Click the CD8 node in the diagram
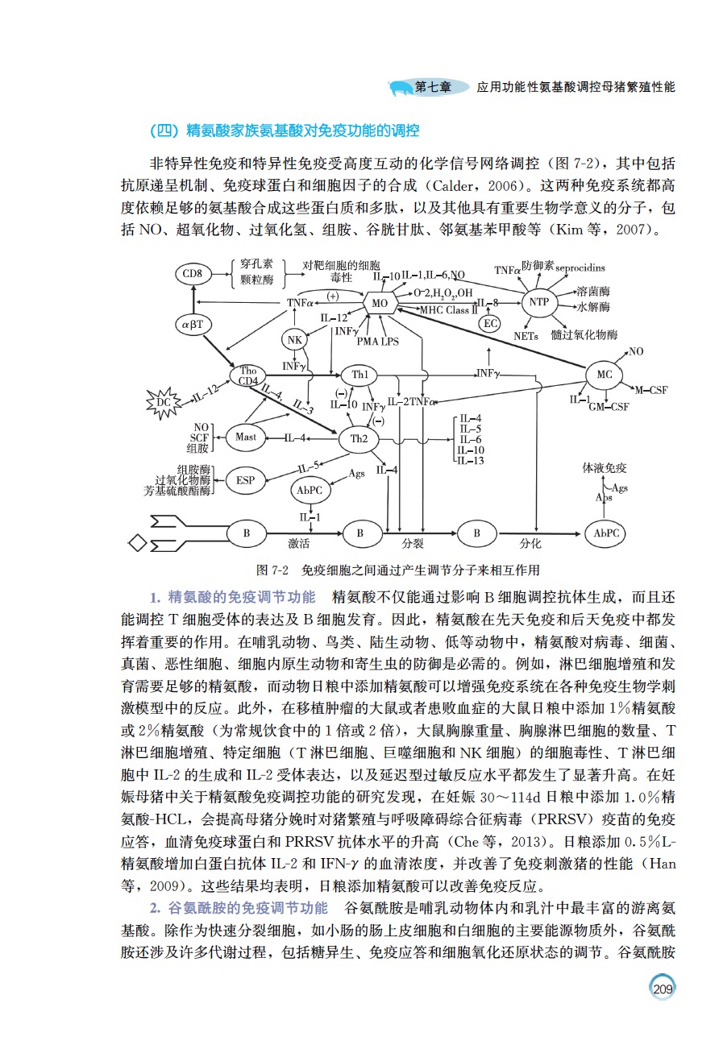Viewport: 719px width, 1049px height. (x=192, y=274)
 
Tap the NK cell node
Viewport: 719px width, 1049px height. (x=295, y=339)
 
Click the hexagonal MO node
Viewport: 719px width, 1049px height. (x=379, y=304)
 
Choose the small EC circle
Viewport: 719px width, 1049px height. (x=489, y=323)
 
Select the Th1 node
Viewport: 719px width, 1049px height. (x=359, y=375)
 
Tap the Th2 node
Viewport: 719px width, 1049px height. (x=359, y=438)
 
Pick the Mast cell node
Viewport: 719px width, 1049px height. (x=246, y=437)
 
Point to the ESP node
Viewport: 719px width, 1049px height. (x=245, y=480)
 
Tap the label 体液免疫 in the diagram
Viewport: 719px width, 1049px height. (x=605, y=468)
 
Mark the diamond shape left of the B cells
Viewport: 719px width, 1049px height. (x=138, y=543)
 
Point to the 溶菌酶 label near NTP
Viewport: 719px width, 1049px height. (x=593, y=289)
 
